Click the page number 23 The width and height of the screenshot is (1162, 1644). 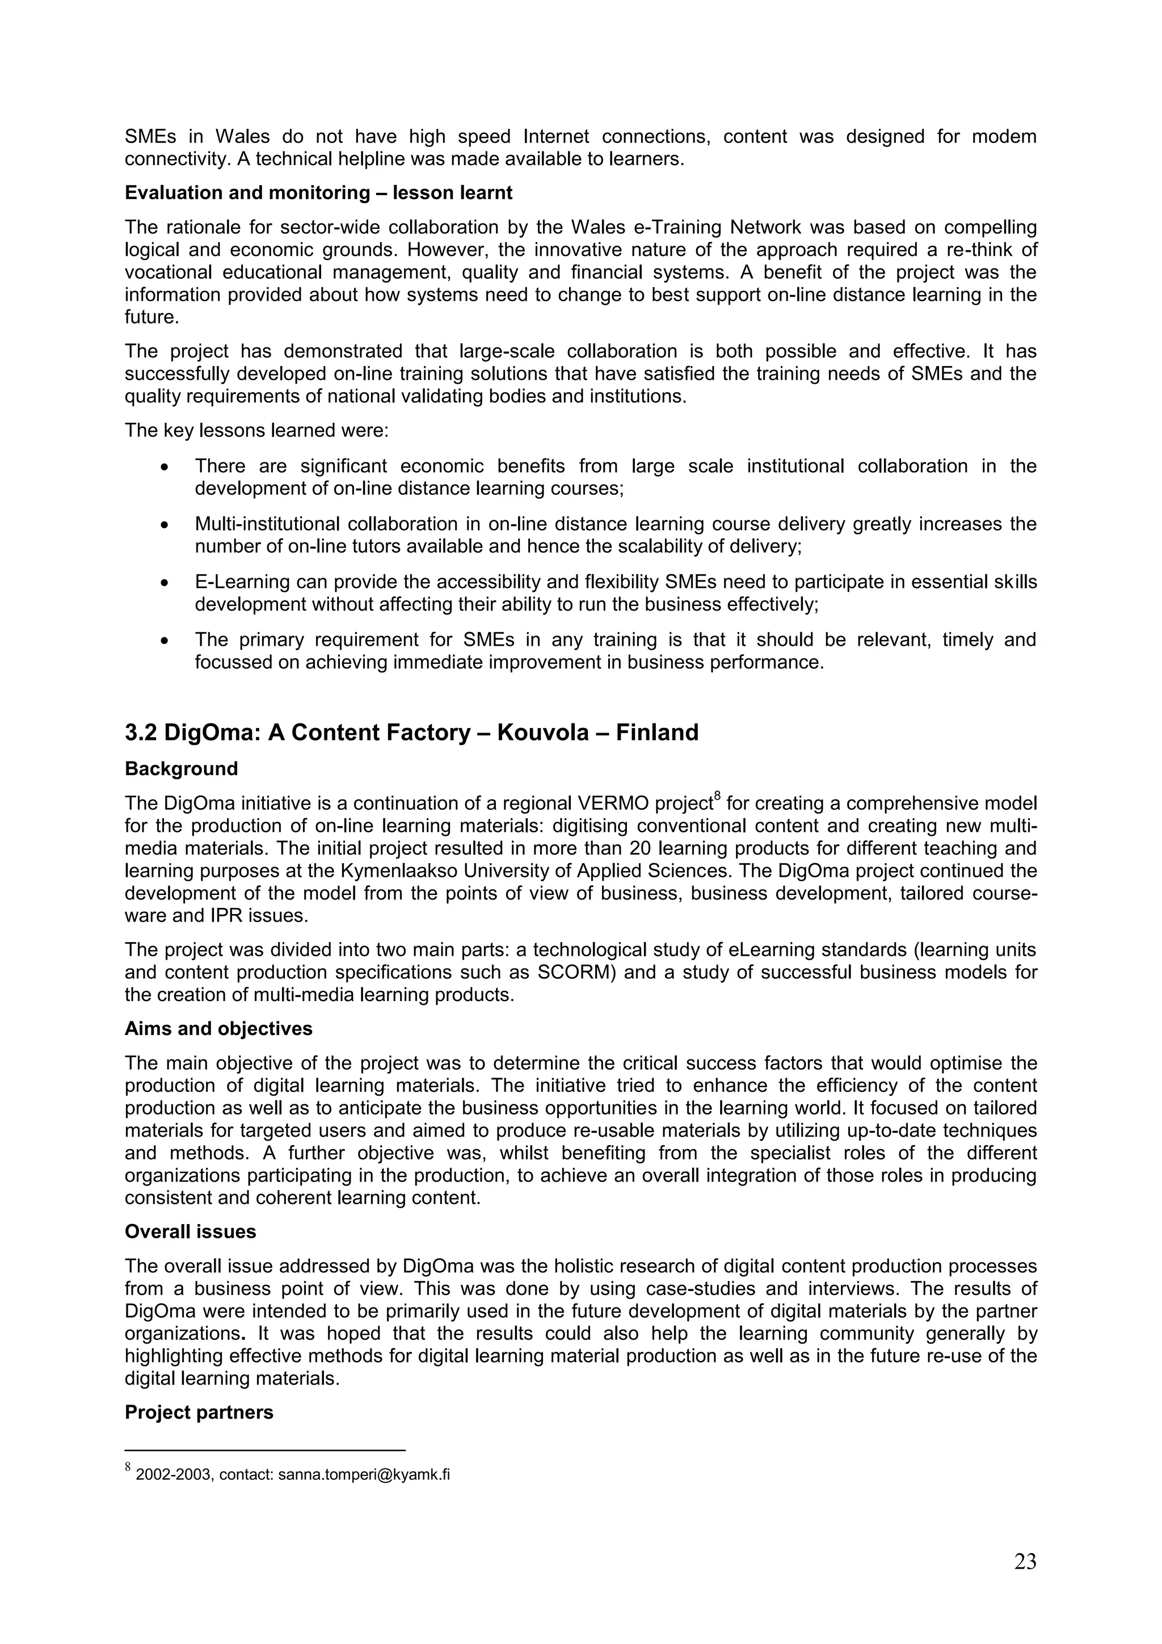coord(1025,1561)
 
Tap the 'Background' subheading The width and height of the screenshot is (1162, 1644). coord(181,768)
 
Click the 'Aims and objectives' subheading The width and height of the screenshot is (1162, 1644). coord(218,1028)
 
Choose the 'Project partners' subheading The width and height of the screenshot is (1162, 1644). coord(199,1412)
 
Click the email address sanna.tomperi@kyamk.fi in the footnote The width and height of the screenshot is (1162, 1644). coord(364,1474)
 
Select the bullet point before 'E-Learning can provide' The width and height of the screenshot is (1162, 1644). coord(165,583)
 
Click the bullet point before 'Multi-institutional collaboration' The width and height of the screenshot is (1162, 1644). coord(165,525)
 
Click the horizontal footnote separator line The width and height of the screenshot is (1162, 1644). coord(265,1450)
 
